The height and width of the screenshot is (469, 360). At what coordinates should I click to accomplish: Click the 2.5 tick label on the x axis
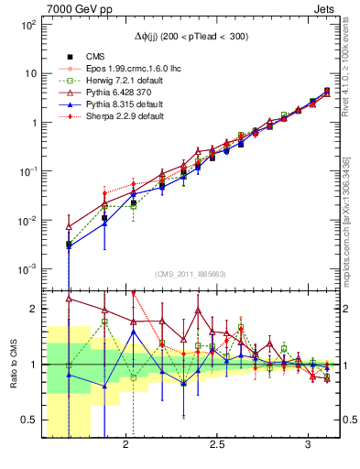point(217,446)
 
